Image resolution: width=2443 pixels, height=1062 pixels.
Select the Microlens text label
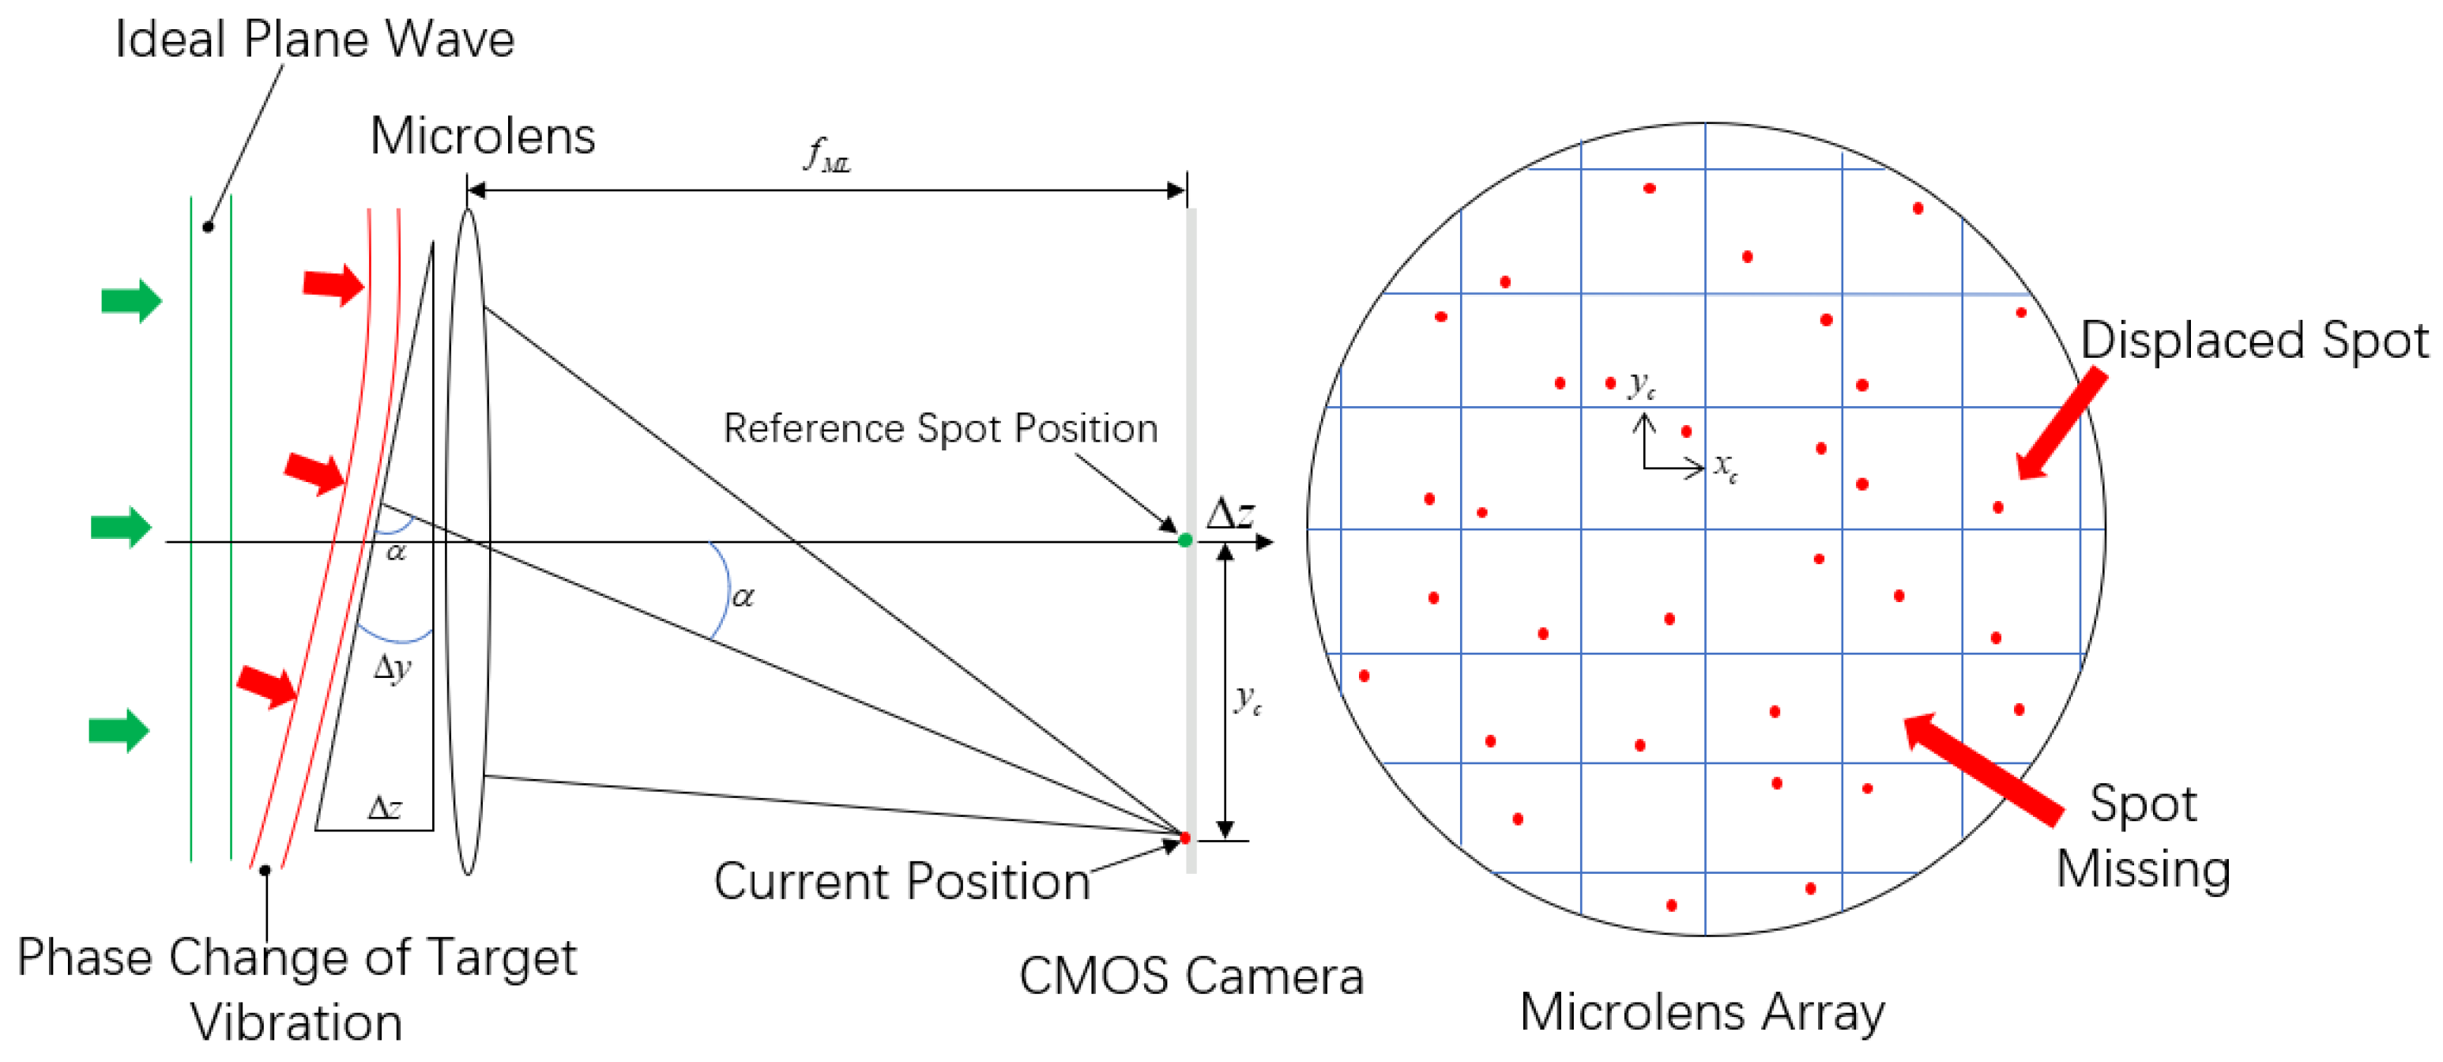click(x=483, y=136)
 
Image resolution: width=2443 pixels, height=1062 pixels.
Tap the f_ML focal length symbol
click(x=826, y=155)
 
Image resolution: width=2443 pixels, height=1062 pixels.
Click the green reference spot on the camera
click(x=1184, y=540)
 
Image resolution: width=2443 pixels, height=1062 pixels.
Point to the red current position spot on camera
click(x=1184, y=838)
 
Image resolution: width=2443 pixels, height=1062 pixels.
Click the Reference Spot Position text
click(x=940, y=428)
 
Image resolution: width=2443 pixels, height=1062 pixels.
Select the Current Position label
click(x=902, y=881)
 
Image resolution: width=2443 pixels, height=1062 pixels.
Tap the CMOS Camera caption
click(x=1191, y=976)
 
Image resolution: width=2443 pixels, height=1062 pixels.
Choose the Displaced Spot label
click(x=2254, y=341)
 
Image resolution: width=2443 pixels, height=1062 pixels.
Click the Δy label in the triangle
click(x=393, y=668)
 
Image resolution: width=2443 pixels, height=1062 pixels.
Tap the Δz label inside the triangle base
click(x=384, y=808)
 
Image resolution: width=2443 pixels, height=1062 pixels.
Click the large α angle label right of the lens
click(x=743, y=597)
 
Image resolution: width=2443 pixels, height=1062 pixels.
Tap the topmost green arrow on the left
click(x=132, y=302)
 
